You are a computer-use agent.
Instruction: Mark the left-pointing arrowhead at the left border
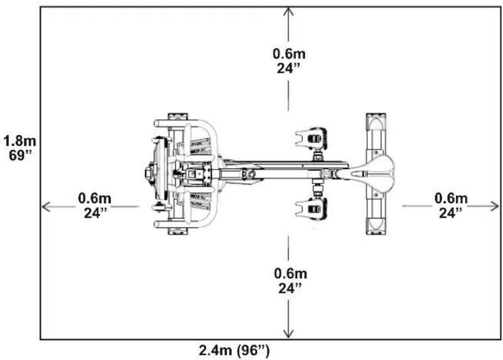[45, 206]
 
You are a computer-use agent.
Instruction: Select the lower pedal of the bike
[312, 210]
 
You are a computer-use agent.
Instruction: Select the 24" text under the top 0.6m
[289, 67]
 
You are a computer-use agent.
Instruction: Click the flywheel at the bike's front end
[157, 173]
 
